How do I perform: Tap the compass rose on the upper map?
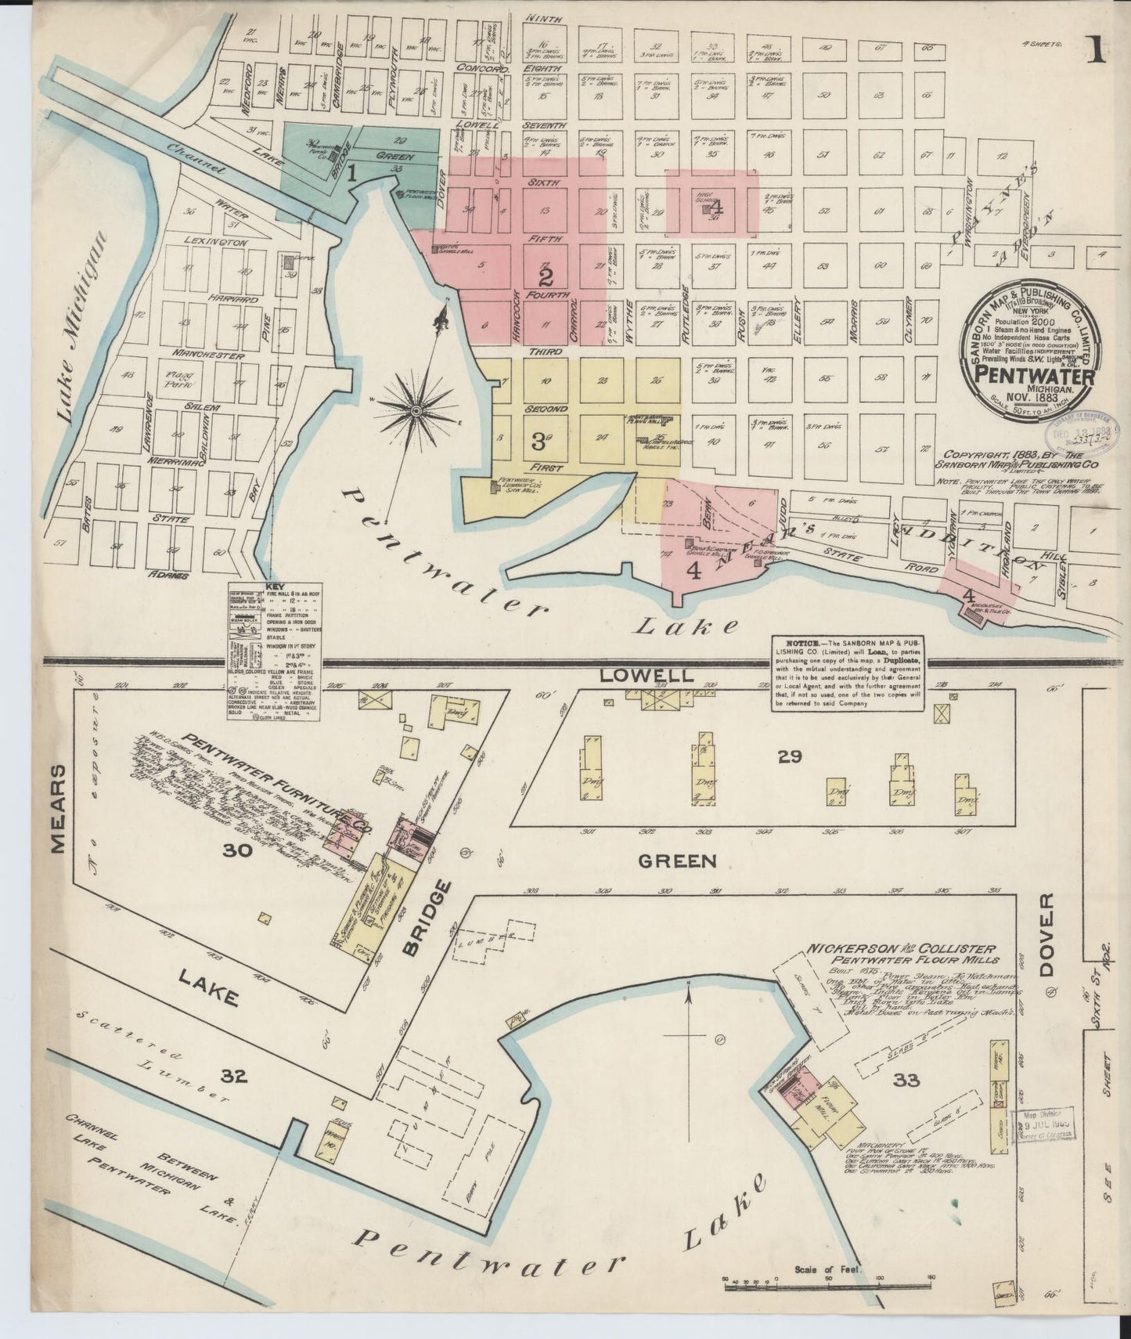pyautogui.click(x=417, y=410)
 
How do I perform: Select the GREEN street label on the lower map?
pyautogui.click(x=677, y=861)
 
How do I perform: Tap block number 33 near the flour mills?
pyautogui.click(x=906, y=1081)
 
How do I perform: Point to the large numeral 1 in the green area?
pyautogui.click(x=352, y=174)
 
